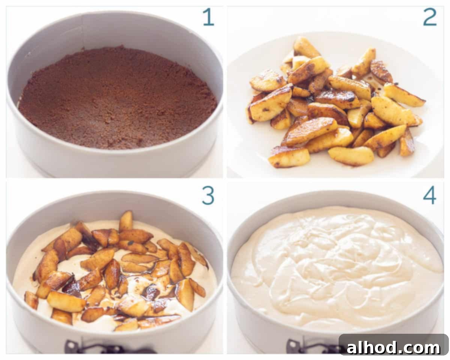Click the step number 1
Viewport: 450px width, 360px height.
(x=208, y=17)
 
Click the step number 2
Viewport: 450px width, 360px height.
(x=430, y=17)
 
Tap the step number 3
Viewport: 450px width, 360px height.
(x=208, y=196)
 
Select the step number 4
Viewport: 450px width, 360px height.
(x=429, y=196)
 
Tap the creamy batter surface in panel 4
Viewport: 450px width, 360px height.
(x=337, y=270)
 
